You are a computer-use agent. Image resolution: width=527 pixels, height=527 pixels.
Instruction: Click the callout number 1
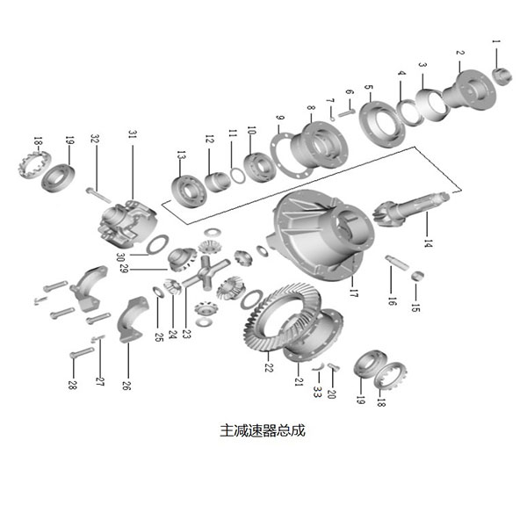(x=495, y=41)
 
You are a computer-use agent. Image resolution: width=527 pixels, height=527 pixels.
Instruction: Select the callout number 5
(x=369, y=91)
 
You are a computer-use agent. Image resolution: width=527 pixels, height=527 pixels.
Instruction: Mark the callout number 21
(x=300, y=383)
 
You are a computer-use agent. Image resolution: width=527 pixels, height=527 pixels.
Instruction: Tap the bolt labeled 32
(x=94, y=191)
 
